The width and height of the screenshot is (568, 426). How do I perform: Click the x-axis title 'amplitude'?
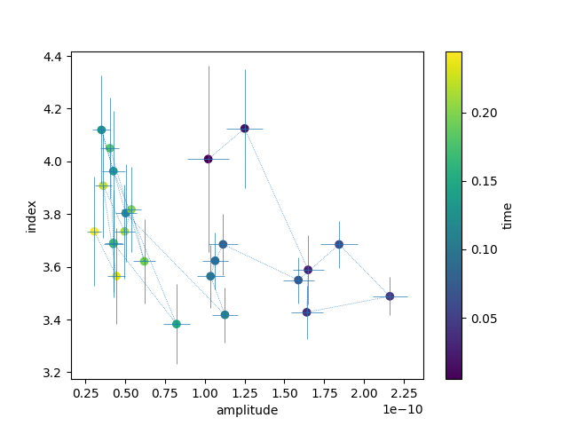247,410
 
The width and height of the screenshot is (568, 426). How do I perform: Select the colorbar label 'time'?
508,216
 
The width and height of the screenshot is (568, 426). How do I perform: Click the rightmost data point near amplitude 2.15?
390,296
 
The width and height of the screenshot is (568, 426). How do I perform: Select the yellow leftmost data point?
94,232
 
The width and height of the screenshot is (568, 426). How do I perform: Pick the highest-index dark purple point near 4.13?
245,129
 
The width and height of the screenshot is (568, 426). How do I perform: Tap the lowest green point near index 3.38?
177,324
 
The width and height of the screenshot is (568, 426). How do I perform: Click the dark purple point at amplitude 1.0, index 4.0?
209,159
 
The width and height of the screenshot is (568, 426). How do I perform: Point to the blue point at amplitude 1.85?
339,244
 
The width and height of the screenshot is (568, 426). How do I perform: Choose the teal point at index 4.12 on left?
101,130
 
